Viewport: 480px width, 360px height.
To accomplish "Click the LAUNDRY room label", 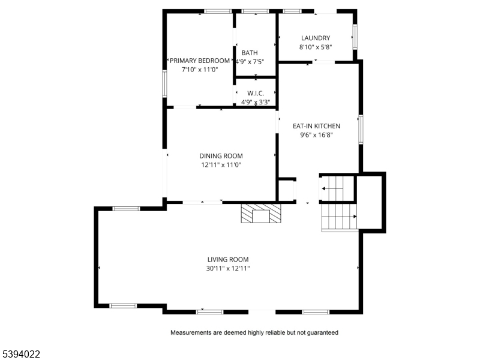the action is (316, 38).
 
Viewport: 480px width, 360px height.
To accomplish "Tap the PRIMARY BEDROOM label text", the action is (200, 61).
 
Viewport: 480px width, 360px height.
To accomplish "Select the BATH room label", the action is (250, 53).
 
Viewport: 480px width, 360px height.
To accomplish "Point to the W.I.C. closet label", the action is (256, 93).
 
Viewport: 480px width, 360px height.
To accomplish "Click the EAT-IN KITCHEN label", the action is (317, 126).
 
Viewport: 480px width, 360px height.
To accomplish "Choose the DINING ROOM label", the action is (221, 156).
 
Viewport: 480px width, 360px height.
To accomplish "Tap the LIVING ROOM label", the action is (228, 260).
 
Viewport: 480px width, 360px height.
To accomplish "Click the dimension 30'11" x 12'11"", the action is (228, 268).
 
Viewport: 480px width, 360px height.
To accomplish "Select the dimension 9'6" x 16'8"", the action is (317, 134).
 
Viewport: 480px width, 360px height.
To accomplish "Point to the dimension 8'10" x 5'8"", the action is (316, 47).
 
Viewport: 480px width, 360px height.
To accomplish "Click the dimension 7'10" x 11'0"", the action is (200, 70).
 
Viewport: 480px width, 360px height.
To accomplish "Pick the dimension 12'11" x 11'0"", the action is (221, 164).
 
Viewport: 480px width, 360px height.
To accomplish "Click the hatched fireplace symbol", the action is (261, 214).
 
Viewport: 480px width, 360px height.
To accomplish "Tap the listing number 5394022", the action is (20, 354).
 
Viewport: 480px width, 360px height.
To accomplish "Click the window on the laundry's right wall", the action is (355, 37).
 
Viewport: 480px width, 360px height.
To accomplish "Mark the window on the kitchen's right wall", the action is (361, 129).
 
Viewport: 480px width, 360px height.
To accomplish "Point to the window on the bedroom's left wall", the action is (164, 83).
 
